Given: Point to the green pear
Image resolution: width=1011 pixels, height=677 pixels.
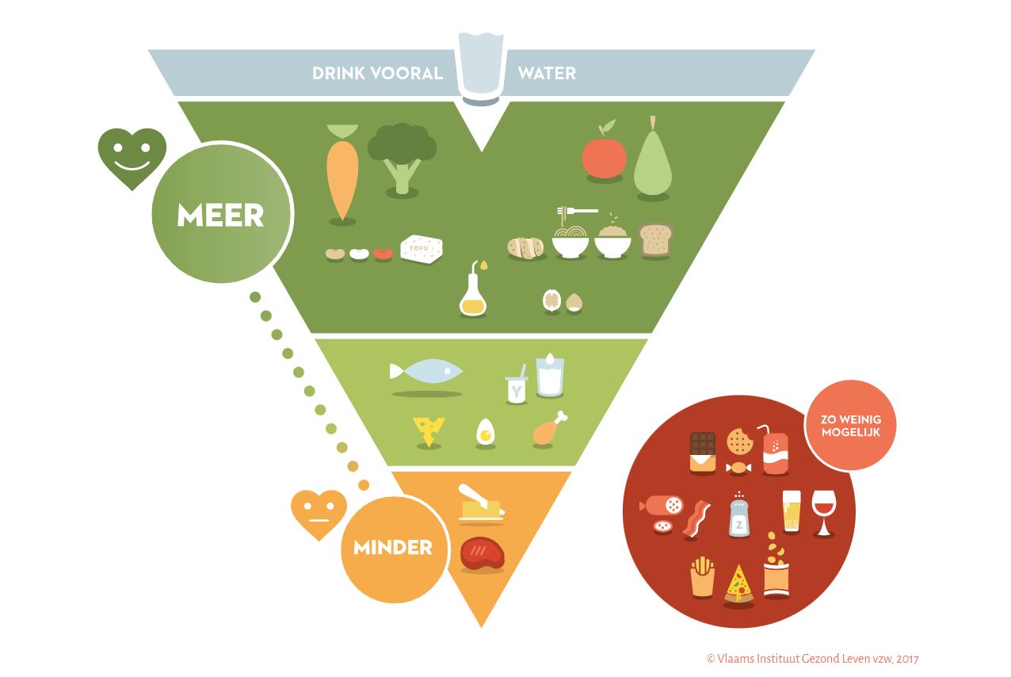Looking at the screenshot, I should tap(653, 161).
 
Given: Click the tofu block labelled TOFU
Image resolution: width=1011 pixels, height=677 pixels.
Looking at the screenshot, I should tap(421, 249).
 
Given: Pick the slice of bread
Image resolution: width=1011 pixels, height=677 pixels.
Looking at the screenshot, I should tap(655, 239).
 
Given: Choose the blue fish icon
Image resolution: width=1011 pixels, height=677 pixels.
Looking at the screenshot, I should tap(427, 371).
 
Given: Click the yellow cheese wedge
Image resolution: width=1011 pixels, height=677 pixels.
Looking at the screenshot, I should tap(429, 431).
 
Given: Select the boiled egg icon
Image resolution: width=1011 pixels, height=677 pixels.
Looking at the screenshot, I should tap(485, 433).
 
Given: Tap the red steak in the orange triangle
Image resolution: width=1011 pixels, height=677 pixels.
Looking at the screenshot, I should tap(482, 553).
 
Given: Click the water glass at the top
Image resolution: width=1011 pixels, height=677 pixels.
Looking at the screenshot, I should tap(480, 67).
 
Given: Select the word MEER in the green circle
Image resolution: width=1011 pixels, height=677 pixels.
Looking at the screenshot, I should tap(220, 215).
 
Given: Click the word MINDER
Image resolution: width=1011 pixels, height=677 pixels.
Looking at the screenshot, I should tap(393, 547).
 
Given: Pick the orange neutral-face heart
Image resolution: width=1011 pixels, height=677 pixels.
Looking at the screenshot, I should tap(319, 513).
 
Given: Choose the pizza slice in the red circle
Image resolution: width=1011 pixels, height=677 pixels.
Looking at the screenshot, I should tap(738, 583).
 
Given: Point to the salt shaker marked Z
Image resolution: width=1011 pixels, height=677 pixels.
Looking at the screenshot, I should tap(739, 517).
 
